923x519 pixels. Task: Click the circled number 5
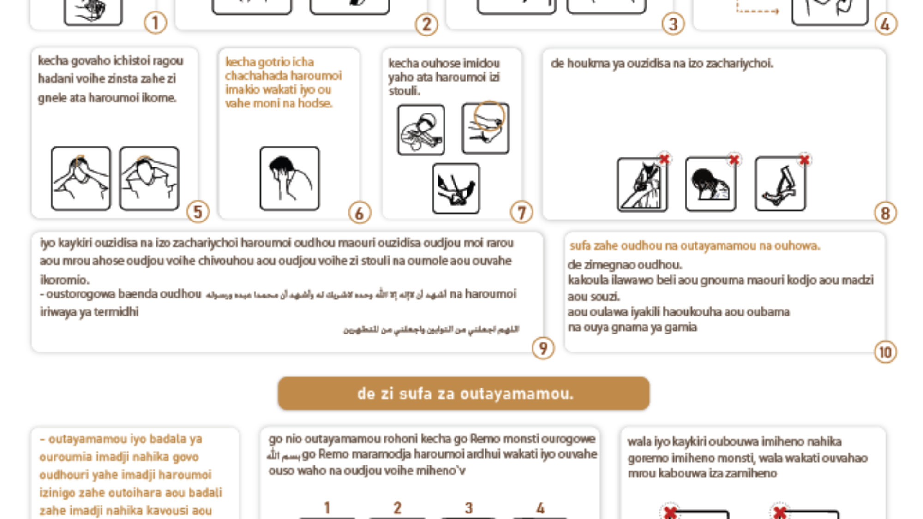[x=198, y=212]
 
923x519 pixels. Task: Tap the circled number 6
[x=360, y=213]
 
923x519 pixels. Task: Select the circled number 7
[x=521, y=213]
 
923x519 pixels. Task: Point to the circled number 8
[x=885, y=213]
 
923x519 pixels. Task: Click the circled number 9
[x=543, y=348]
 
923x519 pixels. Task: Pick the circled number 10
[x=885, y=352]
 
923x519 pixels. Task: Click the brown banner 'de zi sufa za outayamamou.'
[x=463, y=394]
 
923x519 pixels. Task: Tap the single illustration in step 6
[x=289, y=179]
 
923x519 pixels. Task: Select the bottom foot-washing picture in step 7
[x=456, y=188]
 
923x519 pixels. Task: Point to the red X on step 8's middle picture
[x=734, y=160]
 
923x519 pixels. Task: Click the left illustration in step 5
[x=81, y=179]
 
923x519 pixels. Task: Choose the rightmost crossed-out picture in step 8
[x=780, y=184]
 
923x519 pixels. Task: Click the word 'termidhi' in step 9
[x=116, y=312]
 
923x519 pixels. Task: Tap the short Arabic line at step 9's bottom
[x=431, y=329]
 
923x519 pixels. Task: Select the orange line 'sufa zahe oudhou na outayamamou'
[x=695, y=245]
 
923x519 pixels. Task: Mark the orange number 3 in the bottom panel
[x=469, y=508]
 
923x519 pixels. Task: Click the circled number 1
[x=155, y=23]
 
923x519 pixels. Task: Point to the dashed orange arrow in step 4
[x=757, y=10]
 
